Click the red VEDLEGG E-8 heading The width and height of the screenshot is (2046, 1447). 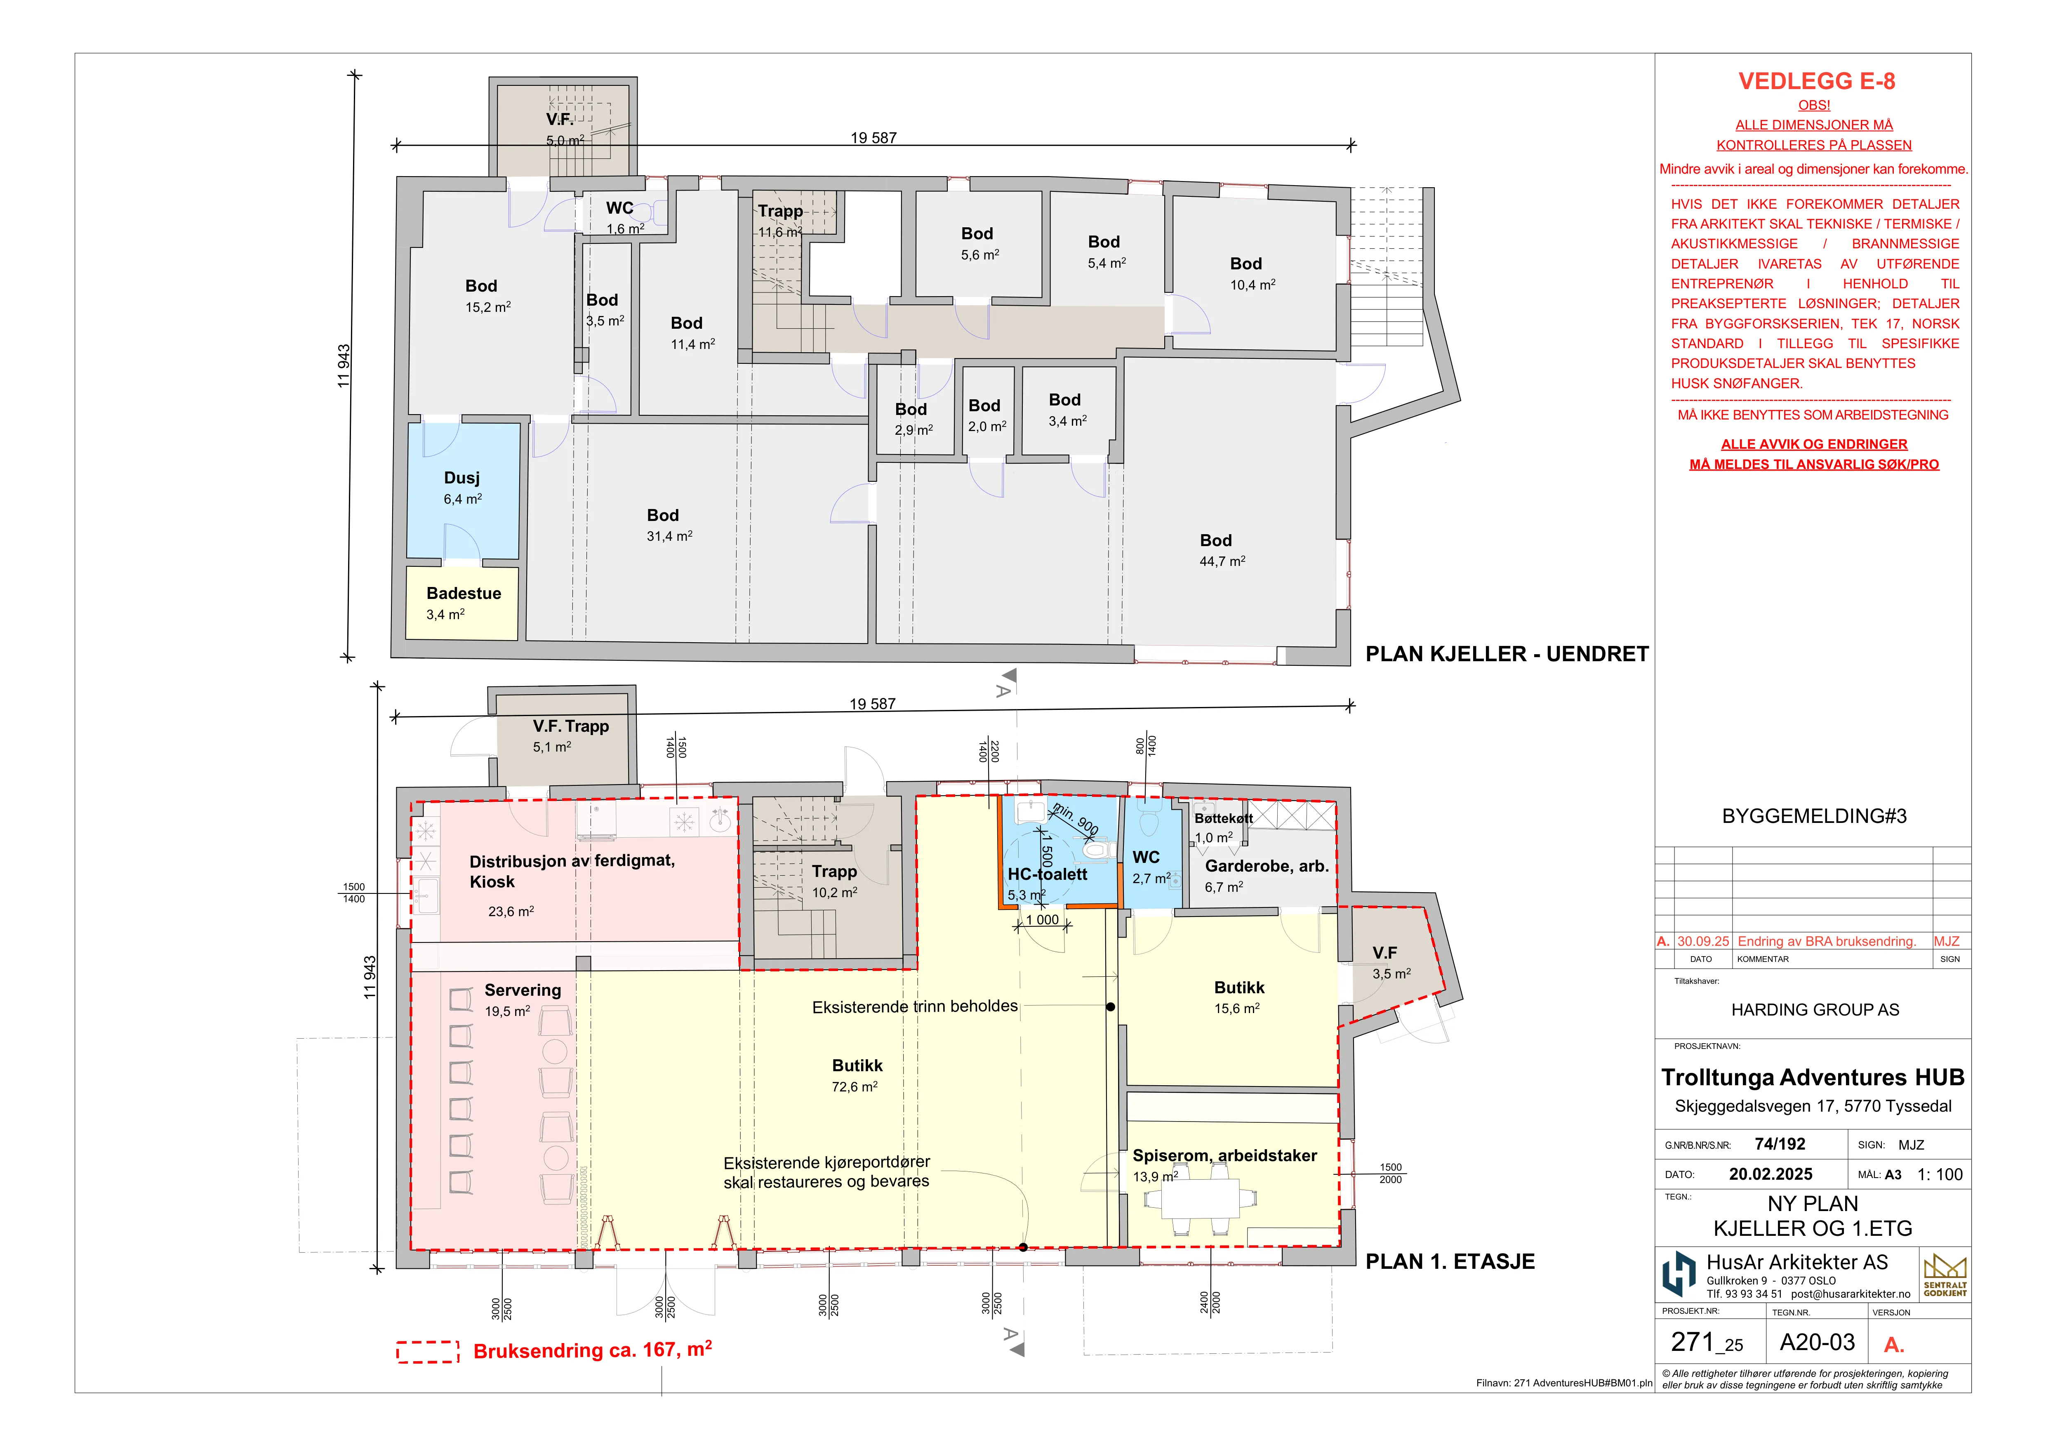click(1816, 81)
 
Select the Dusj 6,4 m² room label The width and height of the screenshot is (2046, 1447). click(462, 488)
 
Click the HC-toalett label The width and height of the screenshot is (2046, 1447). click(1047, 874)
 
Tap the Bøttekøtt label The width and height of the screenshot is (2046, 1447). click(1224, 818)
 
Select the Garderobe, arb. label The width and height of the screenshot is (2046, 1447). click(1266, 866)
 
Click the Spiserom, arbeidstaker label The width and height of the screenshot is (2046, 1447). click(1224, 1156)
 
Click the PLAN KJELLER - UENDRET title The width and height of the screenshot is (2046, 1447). click(1507, 654)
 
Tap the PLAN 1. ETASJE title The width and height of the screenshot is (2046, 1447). click(1450, 1262)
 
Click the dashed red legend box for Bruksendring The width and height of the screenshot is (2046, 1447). click(428, 1352)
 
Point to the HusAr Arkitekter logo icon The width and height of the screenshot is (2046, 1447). click(1679, 1274)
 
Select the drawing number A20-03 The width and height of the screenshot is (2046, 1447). click(1817, 1343)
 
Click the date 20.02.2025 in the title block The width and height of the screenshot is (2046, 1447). click(1771, 1174)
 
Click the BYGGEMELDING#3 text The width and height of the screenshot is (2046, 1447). click(1814, 816)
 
